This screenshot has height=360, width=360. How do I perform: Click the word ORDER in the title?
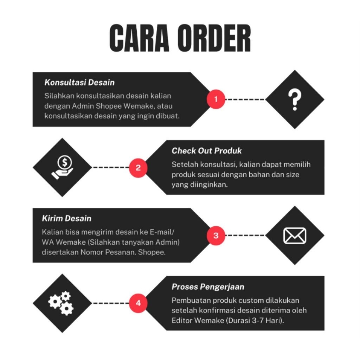coord(214,38)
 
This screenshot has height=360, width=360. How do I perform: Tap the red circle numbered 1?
coord(216,99)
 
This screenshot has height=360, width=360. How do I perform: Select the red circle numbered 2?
coord(138,168)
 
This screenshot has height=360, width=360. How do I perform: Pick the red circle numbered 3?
coord(216,236)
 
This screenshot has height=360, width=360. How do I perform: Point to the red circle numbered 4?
coord(138,303)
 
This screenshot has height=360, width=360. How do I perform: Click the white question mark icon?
coord(295,99)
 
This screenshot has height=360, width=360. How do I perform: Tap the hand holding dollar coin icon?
coord(62,168)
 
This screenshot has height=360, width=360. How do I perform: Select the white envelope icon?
coord(295,236)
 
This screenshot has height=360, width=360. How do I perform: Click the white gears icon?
coord(62,303)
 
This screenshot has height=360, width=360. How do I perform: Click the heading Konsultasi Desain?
coord(79,83)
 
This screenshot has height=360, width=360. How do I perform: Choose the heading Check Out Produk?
coord(207,151)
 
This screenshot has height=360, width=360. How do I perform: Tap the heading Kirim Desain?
coord(66,219)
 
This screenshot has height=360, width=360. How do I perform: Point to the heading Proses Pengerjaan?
coord(208,287)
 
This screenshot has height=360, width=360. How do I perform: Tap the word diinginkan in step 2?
coord(209,184)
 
